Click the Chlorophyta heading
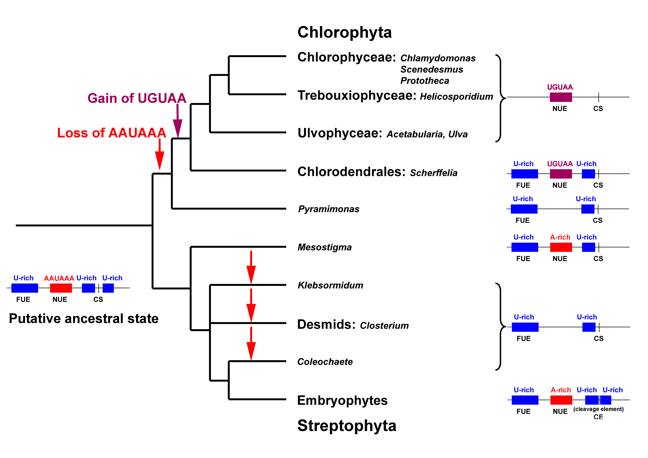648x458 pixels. pyautogui.click(x=345, y=32)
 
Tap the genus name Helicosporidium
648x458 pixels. pyautogui.click(x=456, y=97)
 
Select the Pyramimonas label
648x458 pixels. pyautogui.click(x=329, y=209)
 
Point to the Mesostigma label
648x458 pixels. pyautogui.click(x=325, y=247)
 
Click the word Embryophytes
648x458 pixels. pyautogui.click(x=342, y=401)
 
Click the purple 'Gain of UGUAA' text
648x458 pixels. pyautogui.click(x=137, y=98)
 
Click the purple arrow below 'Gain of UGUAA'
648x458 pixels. pyautogui.click(x=178, y=121)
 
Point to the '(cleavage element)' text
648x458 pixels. pyautogui.click(x=598, y=409)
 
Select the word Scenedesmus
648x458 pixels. pyautogui.click(x=432, y=69)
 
